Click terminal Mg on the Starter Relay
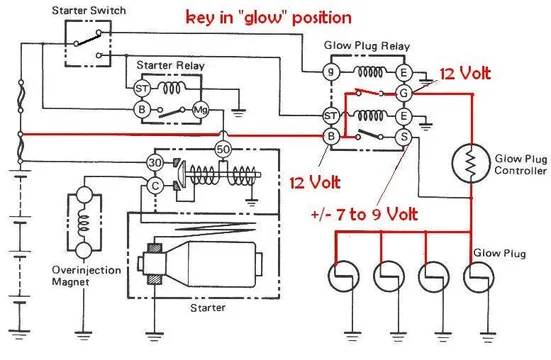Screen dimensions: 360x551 [200, 108]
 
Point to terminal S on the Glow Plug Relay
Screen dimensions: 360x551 [404, 136]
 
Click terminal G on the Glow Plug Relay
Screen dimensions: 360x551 [404, 93]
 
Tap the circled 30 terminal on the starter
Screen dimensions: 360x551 [153, 162]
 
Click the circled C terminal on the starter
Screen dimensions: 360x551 [153, 186]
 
